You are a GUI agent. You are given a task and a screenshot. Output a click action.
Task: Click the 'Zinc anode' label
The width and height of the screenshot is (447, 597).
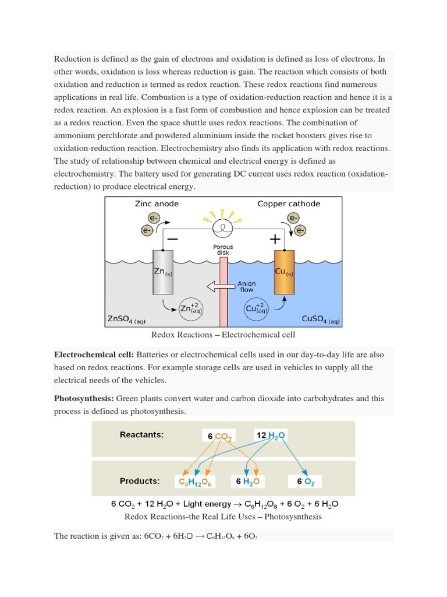[157, 203]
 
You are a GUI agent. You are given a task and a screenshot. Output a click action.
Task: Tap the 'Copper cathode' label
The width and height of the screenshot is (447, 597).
[289, 203]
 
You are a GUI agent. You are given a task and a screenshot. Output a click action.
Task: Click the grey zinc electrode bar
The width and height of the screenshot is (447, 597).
[163, 272]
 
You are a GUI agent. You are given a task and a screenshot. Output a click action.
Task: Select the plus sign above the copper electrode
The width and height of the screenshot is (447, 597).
[274, 239]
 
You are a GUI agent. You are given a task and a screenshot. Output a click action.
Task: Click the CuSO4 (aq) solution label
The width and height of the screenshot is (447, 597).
[320, 319]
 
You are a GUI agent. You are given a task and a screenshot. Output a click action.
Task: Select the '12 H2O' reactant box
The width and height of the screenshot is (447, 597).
[271, 435]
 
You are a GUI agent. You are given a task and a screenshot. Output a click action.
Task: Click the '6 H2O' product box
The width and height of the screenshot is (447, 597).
[247, 482]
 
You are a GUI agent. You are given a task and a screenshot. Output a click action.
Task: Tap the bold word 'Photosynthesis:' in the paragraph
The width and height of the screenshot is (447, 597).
[84, 399]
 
